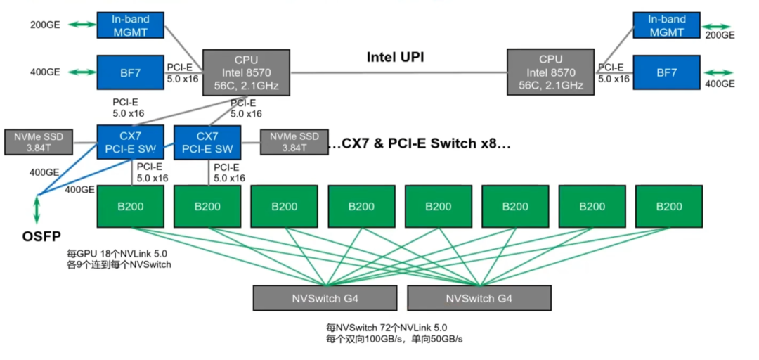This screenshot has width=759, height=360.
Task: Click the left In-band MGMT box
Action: pos(129,25)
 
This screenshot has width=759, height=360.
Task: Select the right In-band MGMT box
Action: pos(666,25)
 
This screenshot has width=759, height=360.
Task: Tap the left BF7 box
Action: pos(129,72)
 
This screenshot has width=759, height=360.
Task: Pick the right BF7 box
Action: pos(666,72)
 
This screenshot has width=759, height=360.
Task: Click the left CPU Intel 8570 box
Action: pos(246,72)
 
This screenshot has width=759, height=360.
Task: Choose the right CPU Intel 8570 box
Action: pos(551,72)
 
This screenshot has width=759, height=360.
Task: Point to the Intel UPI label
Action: pos(395,57)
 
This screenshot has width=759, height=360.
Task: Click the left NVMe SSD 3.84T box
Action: pos(38,142)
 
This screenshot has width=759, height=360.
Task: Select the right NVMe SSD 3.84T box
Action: pos(294,142)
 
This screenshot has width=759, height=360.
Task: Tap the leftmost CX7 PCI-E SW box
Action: pos(129,142)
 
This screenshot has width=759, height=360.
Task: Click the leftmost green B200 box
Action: pos(129,206)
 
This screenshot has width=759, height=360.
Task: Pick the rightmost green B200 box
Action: pos(669,206)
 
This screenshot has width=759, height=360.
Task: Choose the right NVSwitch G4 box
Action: pos(479,298)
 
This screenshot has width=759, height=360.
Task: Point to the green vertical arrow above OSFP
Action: pos(37,209)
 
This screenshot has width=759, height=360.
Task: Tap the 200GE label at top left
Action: pos(46,25)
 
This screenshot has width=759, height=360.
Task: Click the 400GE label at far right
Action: pos(720,84)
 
